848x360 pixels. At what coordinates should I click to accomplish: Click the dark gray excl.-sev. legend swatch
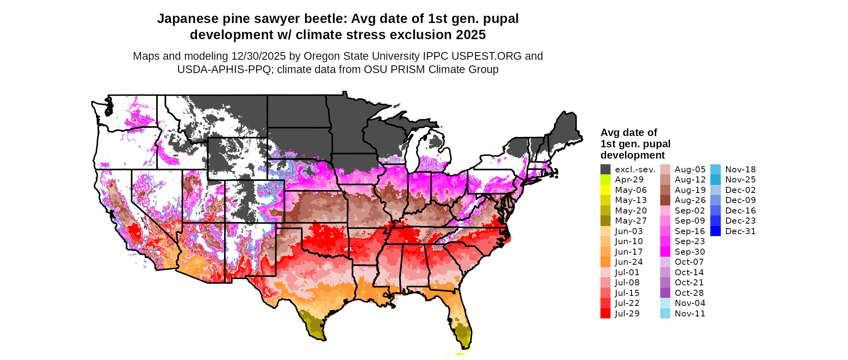click(x=605, y=170)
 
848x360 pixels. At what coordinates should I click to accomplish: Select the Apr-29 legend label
click(x=629, y=180)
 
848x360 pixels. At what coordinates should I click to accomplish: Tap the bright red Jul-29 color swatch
click(x=605, y=314)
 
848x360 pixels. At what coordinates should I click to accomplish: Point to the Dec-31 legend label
click(x=740, y=231)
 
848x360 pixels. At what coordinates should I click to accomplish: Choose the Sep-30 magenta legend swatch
click(x=665, y=252)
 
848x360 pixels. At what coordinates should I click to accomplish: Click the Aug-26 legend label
click(x=690, y=200)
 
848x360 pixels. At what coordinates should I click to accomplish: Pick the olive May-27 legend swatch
click(x=605, y=221)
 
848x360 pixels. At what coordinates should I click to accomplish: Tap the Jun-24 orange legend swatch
click(x=605, y=262)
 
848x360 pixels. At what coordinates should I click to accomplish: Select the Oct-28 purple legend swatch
click(x=665, y=293)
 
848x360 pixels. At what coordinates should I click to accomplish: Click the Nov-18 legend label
click(x=740, y=170)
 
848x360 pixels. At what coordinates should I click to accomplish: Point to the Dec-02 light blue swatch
click(x=715, y=190)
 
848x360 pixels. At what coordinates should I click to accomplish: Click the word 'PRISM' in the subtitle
click(x=408, y=69)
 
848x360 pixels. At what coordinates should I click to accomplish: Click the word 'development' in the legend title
click(x=632, y=155)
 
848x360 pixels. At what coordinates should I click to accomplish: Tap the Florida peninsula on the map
click(x=460, y=323)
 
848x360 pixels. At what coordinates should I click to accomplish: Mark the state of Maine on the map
click(x=565, y=129)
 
